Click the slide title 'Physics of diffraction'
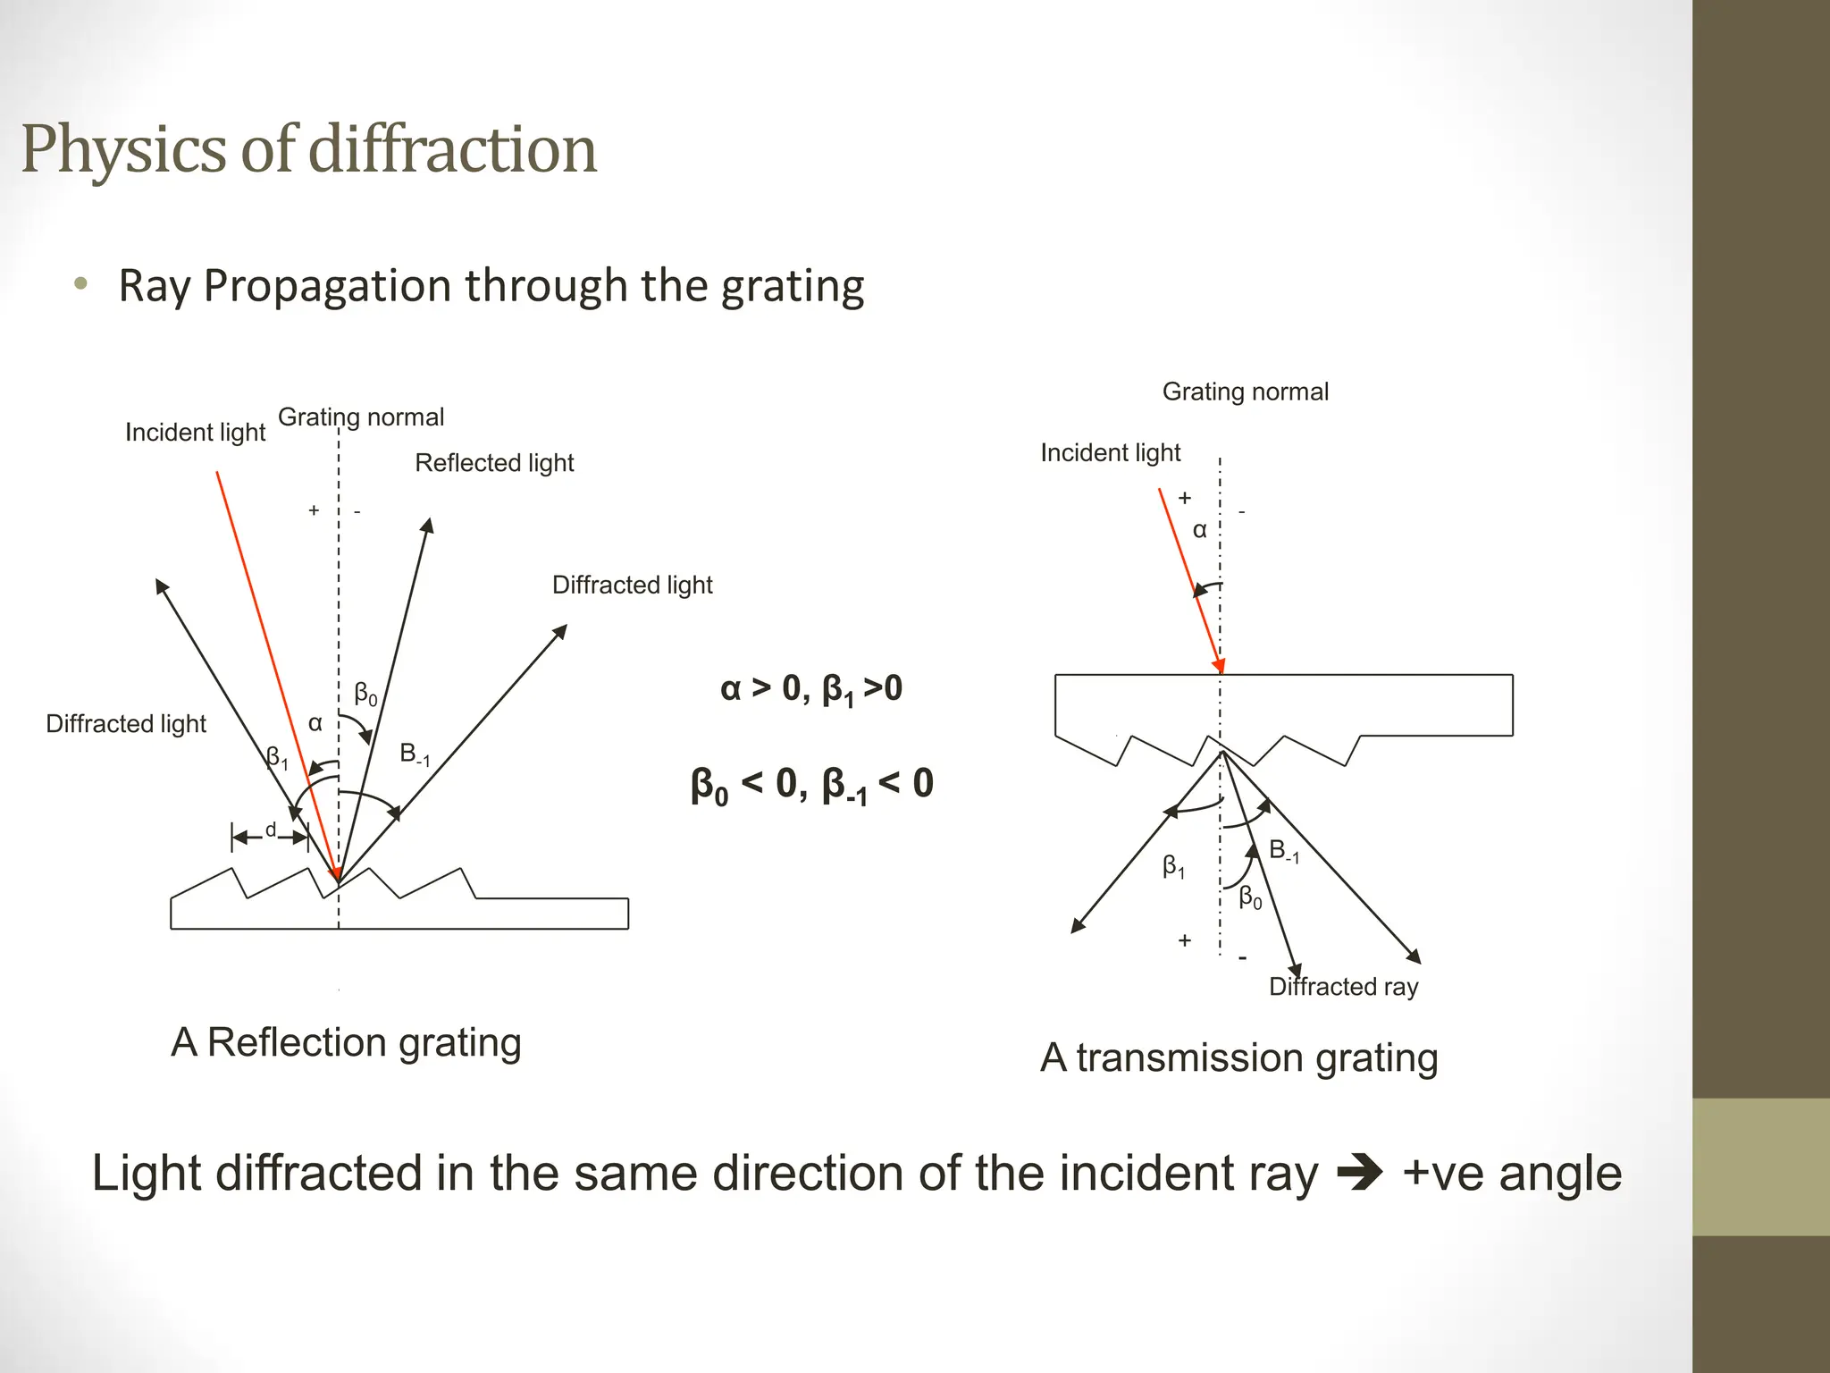pyautogui.click(x=308, y=149)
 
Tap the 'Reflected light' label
pyautogui.click(x=494, y=463)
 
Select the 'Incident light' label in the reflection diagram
pyautogui.click(x=195, y=433)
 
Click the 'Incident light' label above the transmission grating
pyautogui.click(x=1110, y=453)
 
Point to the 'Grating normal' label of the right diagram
pyautogui.click(x=1245, y=392)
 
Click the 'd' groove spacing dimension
pyautogui.click(x=270, y=831)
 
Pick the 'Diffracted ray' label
pyautogui.click(x=1343, y=987)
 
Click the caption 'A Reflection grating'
pyautogui.click(x=346, y=1042)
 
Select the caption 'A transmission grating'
pyautogui.click(x=1238, y=1057)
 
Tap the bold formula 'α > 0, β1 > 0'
pyautogui.click(x=810, y=689)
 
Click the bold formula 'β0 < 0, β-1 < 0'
pyautogui.click(x=811, y=785)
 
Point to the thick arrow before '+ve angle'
pyautogui.click(x=1359, y=1173)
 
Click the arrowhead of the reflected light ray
pyautogui.click(x=428, y=525)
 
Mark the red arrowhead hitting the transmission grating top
pyautogui.click(x=1218, y=666)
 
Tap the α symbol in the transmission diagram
pyautogui.click(x=1200, y=530)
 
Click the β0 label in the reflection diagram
pyautogui.click(x=365, y=694)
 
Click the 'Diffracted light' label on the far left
pyautogui.click(x=126, y=724)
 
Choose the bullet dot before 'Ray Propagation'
pyautogui.click(x=81, y=285)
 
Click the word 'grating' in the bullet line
pyautogui.click(x=793, y=287)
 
